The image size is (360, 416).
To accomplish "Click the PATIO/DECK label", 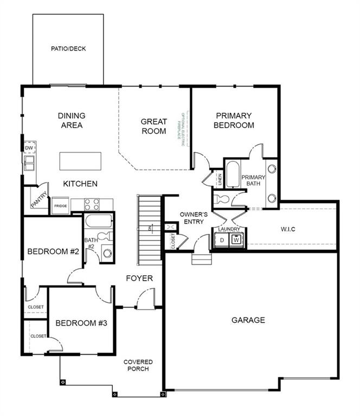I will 68,49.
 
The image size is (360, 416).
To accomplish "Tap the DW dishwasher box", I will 29,148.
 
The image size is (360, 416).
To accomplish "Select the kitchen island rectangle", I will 81,161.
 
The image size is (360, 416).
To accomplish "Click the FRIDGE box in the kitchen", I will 60,206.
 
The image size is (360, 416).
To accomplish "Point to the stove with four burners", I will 92,205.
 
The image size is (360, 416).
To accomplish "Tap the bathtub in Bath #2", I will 98,221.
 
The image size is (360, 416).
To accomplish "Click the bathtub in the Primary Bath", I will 233,173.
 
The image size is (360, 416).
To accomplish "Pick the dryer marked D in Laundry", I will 222,240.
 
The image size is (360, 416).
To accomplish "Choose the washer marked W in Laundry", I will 237,240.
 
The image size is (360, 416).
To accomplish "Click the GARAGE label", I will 248,320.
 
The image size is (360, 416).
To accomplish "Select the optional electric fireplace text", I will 184,127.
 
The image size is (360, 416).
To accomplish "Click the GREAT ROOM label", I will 153,126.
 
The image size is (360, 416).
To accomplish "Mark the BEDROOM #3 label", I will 81,323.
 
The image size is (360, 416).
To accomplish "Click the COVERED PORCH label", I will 138,365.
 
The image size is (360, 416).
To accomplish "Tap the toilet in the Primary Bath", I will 223,199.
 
